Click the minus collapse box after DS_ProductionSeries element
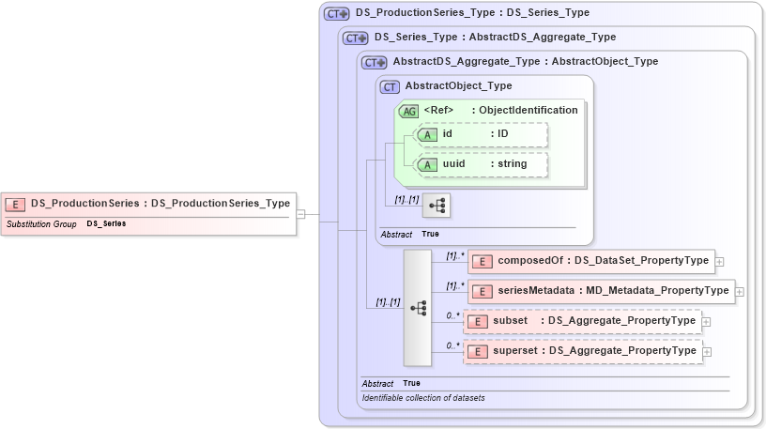[x=300, y=214]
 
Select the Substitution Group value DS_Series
[x=106, y=224]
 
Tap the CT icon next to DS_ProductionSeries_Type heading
[x=336, y=14]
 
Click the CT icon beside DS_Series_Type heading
[x=355, y=38]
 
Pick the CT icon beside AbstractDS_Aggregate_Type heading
[x=374, y=62]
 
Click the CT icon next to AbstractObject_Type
[x=391, y=86]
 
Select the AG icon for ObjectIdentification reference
[x=408, y=111]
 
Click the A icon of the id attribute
[x=427, y=134]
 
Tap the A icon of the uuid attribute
[x=427, y=163]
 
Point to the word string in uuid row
[x=512, y=163]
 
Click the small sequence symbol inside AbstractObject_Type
[x=437, y=204]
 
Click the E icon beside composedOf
[x=479, y=260]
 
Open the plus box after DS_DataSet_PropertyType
[x=719, y=261]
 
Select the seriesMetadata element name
[x=536, y=291]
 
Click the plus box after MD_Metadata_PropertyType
[x=740, y=292]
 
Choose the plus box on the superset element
[x=707, y=352]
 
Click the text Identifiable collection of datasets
[x=423, y=398]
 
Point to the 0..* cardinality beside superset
[x=453, y=345]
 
